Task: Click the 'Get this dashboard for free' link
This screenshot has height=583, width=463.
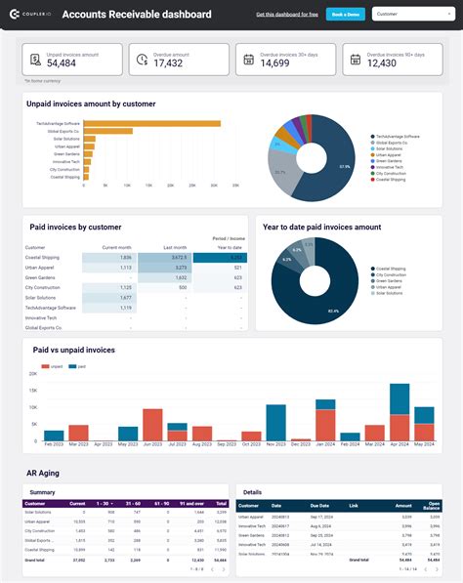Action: click(286, 15)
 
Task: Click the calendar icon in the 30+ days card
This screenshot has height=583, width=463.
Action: click(247, 61)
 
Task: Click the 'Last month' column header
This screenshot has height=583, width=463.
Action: click(175, 248)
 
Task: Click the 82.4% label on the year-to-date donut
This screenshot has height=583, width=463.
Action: click(333, 311)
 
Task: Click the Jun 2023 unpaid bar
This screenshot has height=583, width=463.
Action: click(151, 425)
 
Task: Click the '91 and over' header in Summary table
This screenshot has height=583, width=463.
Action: click(193, 504)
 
